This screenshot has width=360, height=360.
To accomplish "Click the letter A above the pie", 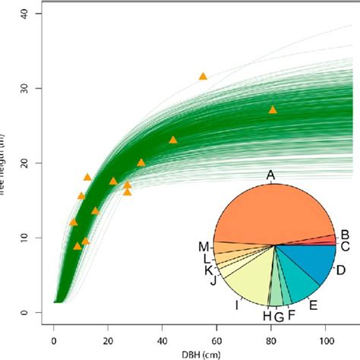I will (x=270, y=175).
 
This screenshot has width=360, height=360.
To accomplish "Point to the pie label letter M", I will (x=204, y=246).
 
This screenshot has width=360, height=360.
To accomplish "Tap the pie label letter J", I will (x=214, y=281).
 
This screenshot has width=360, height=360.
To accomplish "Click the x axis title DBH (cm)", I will (x=201, y=352).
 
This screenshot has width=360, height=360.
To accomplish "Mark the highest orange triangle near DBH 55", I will (x=203, y=77).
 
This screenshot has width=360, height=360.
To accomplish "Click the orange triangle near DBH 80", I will (x=273, y=110).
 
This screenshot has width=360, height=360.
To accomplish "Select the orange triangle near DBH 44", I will (x=173, y=140).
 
